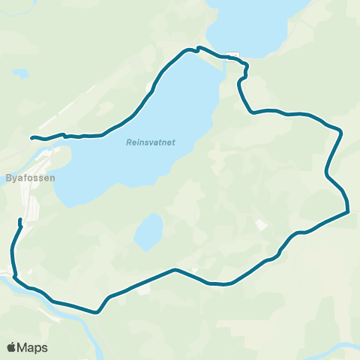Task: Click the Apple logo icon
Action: coord(12,347)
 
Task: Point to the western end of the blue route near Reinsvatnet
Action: coord(31,137)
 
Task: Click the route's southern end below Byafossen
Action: coord(19,220)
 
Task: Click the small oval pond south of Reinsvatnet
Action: coord(148,232)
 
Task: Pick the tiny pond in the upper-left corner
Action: coord(20,74)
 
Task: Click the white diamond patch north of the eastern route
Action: coord(261,225)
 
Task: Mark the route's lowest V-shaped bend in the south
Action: coord(97,312)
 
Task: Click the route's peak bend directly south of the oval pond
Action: coord(175,269)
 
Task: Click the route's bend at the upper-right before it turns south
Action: coord(341,132)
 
